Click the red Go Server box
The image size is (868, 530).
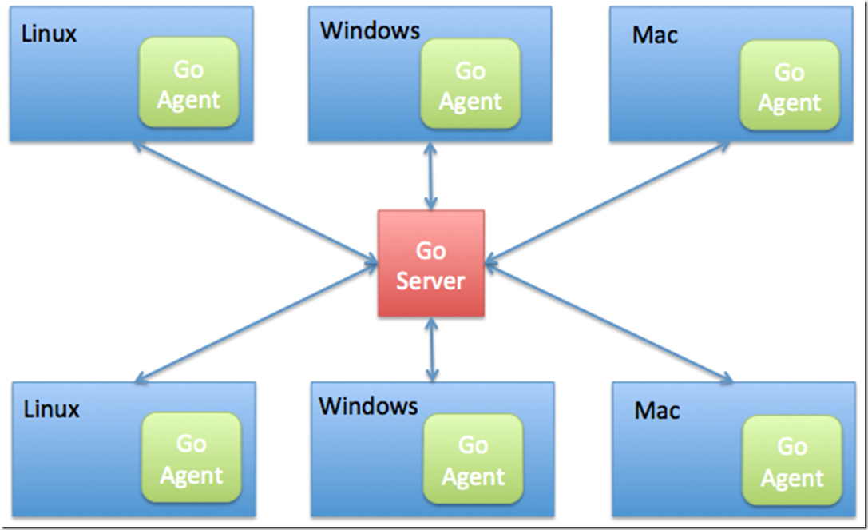[x=431, y=264]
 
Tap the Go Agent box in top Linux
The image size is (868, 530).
[x=188, y=84]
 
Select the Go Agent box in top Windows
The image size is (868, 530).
[x=470, y=86]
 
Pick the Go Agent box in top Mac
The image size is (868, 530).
[x=789, y=86]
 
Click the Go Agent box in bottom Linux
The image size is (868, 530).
[x=191, y=459]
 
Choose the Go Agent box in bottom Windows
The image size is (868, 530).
[x=473, y=460]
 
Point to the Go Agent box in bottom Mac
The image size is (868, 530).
[x=792, y=461]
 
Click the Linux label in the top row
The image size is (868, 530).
[x=50, y=34]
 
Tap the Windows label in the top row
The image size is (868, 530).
[x=370, y=30]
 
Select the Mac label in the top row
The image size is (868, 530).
[x=656, y=35]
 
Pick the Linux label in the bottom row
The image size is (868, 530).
[x=52, y=409]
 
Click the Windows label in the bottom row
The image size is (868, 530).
[x=368, y=405]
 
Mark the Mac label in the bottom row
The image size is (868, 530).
[x=657, y=411]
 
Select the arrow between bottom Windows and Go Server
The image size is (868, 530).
[x=431, y=349]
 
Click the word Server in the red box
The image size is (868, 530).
[x=431, y=281]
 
